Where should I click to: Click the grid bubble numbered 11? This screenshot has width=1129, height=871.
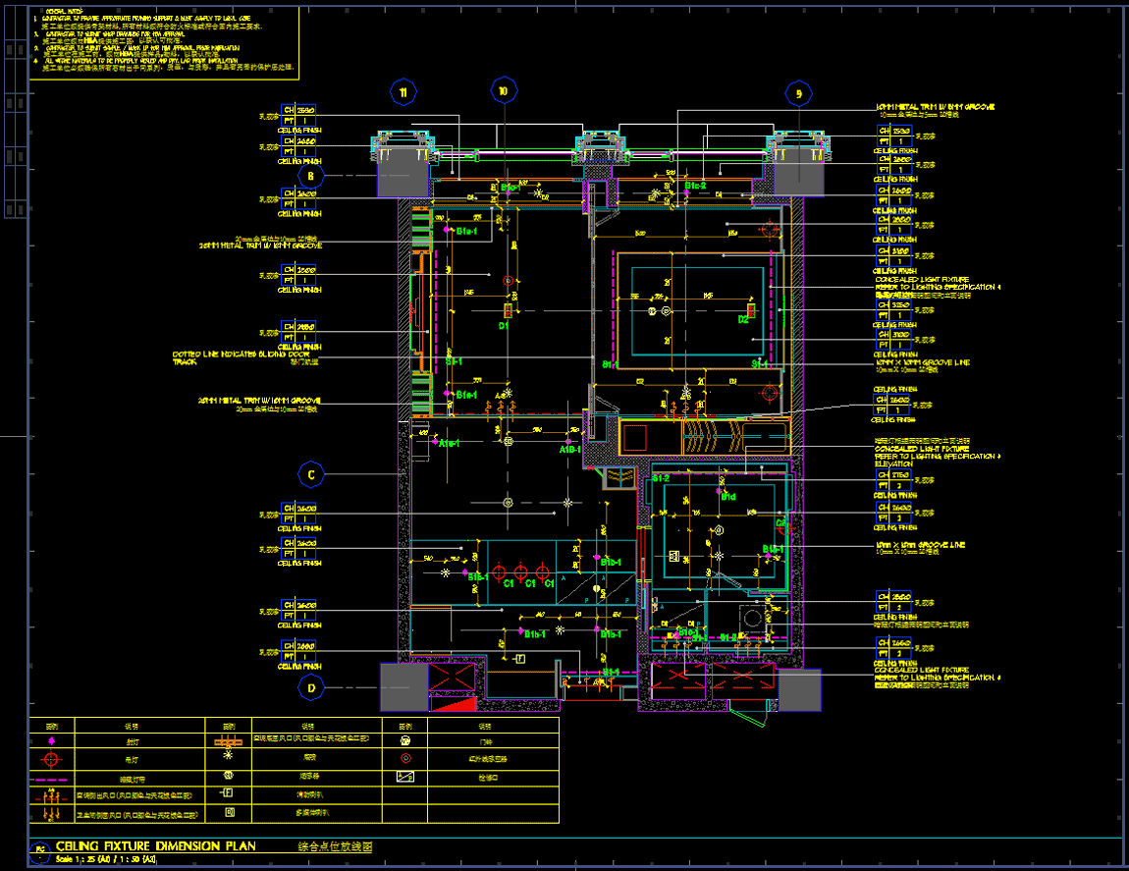tap(403, 92)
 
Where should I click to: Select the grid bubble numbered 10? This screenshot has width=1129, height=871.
tap(503, 90)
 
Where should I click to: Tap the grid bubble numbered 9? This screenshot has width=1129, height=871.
tap(799, 93)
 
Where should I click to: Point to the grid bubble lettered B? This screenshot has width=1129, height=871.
tap(311, 177)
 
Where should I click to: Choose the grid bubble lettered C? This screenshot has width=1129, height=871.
tap(311, 475)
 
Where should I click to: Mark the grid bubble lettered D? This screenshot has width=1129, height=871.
tap(311, 687)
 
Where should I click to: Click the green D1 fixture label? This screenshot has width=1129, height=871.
tap(505, 324)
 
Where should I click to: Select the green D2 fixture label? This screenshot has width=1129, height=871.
tap(743, 319)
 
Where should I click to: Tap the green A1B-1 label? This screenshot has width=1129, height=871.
tap(570, 450)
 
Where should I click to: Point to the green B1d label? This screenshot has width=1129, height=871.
tap(728, 497)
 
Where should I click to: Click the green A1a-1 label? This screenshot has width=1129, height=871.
tap(451, 444)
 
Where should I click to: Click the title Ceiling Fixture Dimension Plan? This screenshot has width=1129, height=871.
tap(156, 845)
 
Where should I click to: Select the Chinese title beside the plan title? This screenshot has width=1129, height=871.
tap(336, 845)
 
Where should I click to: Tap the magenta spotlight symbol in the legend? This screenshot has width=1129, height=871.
tap(52, 742)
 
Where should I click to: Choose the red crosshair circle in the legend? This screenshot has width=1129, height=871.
tap(52, 759)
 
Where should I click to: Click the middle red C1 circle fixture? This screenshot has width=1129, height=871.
tap(519, 572)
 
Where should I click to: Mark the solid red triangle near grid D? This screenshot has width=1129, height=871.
tap(454, 702)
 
